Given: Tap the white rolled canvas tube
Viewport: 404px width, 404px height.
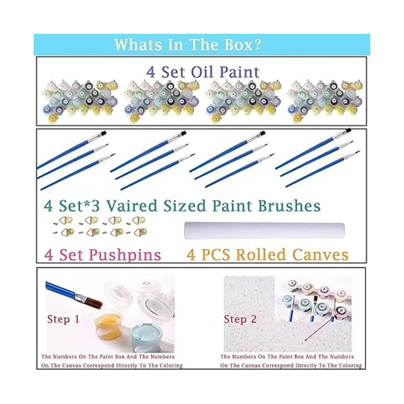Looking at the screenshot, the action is (x=265, y=231).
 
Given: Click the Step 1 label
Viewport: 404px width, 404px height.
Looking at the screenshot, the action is (x=63, y=319).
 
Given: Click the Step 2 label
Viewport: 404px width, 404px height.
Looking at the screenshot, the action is (x=240, y=319).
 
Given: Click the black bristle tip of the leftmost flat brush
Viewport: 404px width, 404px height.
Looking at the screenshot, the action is (x=104, y=133).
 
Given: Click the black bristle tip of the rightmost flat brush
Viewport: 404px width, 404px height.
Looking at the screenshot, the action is (x=348, y=130).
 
